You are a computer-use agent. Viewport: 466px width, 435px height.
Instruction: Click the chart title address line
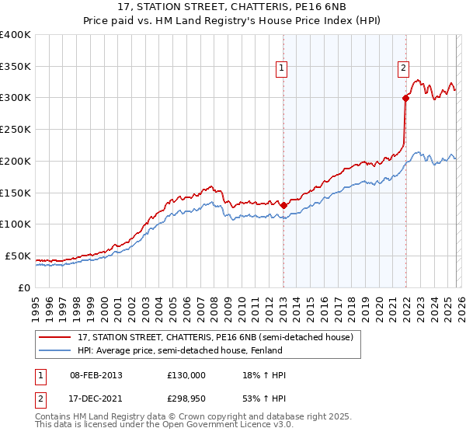(232, 8)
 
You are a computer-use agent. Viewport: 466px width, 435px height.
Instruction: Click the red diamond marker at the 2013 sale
(283, 205)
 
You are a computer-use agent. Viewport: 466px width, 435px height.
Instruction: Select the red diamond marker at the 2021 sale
(405, 98)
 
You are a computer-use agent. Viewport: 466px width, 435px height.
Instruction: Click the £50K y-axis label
(17, 256)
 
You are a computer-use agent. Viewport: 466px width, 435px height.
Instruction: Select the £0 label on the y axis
(24, 287)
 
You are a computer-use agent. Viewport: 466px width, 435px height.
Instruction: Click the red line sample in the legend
(54, 337)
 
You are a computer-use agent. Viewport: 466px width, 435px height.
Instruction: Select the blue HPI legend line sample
(54, 350)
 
